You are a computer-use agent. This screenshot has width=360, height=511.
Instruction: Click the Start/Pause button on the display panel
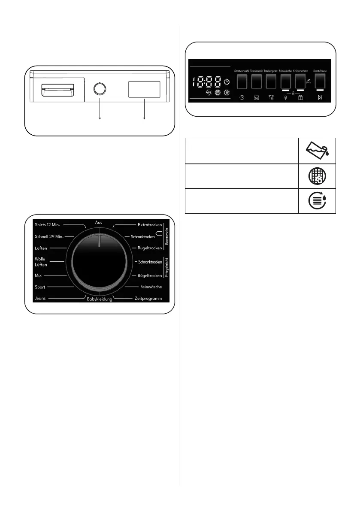click(319, 81)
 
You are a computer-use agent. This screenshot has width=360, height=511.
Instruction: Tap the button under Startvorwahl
click(242, 81)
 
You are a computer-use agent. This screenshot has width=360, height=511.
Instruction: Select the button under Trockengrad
click(271, 81)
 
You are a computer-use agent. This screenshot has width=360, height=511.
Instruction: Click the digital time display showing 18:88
click(209, 82)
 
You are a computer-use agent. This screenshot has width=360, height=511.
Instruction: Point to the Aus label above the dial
click(99, 223)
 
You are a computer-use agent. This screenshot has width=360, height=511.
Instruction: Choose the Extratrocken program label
click(150, 225)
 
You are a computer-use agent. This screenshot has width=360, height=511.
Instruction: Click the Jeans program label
click(40, 298)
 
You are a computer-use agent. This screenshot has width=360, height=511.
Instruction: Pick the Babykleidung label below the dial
click(99, 299)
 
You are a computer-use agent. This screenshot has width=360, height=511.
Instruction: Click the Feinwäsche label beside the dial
click(151, 287)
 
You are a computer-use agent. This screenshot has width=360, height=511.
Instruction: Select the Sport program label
click(40, 287)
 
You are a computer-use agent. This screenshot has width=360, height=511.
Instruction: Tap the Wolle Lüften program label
click(41, 262)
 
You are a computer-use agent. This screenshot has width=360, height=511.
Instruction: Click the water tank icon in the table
click(317, 150)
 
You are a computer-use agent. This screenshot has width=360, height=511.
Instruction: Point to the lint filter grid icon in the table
click(317, 176)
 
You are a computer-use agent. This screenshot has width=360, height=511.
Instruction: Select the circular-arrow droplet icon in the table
click(317, 201)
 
